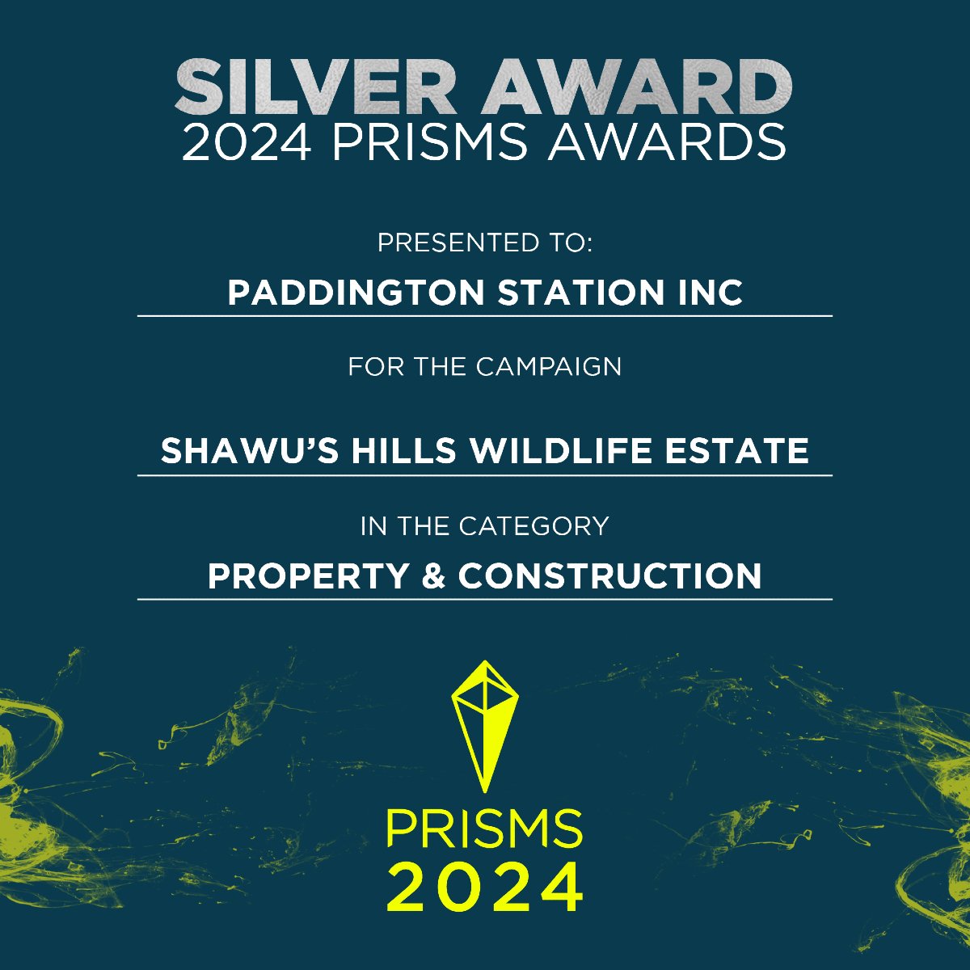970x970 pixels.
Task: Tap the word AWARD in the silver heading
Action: tap(637, 87)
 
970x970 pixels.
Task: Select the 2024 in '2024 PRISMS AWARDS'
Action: tap(246, 143)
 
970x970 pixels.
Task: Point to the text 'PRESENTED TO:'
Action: tap(485, 242)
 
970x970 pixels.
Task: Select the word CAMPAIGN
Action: tap(549, 367)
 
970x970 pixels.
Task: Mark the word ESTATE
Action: tap(736, 450)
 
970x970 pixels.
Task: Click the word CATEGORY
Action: tap(533, 526)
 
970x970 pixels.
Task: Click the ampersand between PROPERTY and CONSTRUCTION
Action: tap(434, 576)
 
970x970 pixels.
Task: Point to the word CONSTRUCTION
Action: tap(609, 576)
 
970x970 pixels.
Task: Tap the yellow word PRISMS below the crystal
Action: tap(484, 830)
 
